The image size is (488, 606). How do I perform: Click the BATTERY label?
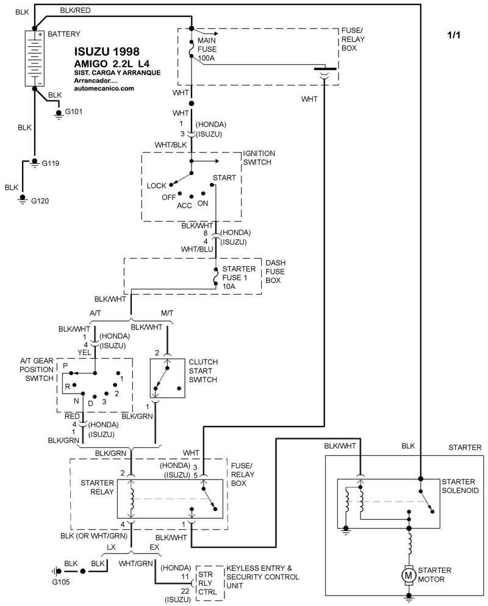coord(63,34)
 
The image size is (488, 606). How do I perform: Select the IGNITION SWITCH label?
coord(259,158)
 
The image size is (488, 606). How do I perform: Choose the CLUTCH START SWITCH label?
coord(204,370)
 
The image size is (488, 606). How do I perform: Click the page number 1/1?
coord(454,35)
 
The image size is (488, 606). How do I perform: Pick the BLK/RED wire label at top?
coord(75,11)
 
